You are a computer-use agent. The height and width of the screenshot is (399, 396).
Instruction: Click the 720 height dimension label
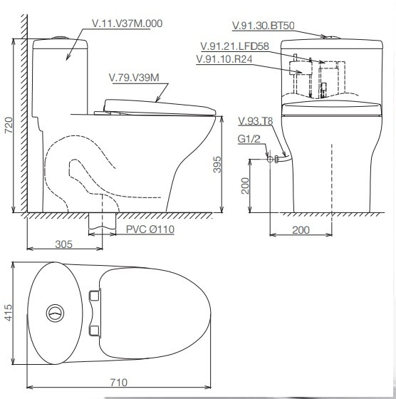[9, 125]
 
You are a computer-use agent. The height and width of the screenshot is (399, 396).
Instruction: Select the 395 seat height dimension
[217, 165]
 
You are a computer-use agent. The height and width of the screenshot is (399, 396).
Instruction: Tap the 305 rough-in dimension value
[64, 244]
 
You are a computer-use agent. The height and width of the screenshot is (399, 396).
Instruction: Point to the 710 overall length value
[119, 382]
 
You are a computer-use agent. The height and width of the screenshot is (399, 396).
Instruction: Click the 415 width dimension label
[8, 313]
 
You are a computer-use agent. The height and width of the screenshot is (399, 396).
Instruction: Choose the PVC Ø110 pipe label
[150, 229]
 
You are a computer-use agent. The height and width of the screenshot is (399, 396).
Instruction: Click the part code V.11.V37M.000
[127, 24]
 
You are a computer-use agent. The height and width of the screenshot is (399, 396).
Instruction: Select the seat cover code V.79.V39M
[134, 78]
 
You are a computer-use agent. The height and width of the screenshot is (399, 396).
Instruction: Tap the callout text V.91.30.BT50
[264, 26]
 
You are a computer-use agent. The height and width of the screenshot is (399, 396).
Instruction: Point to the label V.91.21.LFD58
[234, 46]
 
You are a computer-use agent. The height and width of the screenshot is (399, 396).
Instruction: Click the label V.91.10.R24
[224, 59]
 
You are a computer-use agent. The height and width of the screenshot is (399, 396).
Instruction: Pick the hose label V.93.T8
[256, 121]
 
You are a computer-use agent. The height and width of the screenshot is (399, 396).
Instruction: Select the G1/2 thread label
[249, 139]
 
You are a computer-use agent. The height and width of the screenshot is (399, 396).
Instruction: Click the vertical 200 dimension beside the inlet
[245, 186]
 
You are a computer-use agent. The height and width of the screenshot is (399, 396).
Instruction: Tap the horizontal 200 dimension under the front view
[301, 229]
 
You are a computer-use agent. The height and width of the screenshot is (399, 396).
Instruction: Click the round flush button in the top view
[55, 313]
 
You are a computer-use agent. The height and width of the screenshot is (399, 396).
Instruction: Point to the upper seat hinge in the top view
[94, 296]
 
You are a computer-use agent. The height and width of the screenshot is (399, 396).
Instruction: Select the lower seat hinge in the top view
[94, 331]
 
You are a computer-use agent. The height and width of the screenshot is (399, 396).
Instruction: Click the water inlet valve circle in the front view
[270, 160]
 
